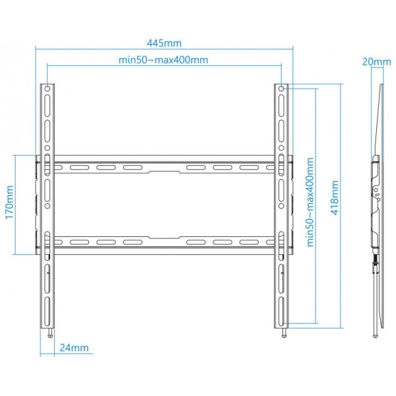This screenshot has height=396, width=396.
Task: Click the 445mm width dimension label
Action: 164,43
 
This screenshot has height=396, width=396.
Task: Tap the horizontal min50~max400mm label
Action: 164,60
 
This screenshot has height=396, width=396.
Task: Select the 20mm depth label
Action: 377,61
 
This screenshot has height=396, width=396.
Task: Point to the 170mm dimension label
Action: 9,202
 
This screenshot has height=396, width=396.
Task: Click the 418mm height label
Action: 335,197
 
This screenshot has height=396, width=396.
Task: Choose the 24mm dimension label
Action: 74,348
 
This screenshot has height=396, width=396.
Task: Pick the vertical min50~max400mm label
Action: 310,202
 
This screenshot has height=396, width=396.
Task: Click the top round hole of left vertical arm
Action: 48,88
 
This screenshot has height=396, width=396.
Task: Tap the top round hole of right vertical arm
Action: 281,88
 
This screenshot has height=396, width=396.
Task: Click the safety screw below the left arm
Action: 50,333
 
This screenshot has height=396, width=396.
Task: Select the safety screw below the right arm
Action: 284,333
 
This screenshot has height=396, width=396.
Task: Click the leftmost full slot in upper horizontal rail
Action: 80,168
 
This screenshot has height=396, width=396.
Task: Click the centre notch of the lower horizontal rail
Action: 164,238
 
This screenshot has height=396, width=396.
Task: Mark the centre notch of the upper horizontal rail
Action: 164,172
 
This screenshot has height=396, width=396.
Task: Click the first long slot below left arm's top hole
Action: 48,106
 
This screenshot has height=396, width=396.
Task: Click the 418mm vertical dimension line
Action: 341,206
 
